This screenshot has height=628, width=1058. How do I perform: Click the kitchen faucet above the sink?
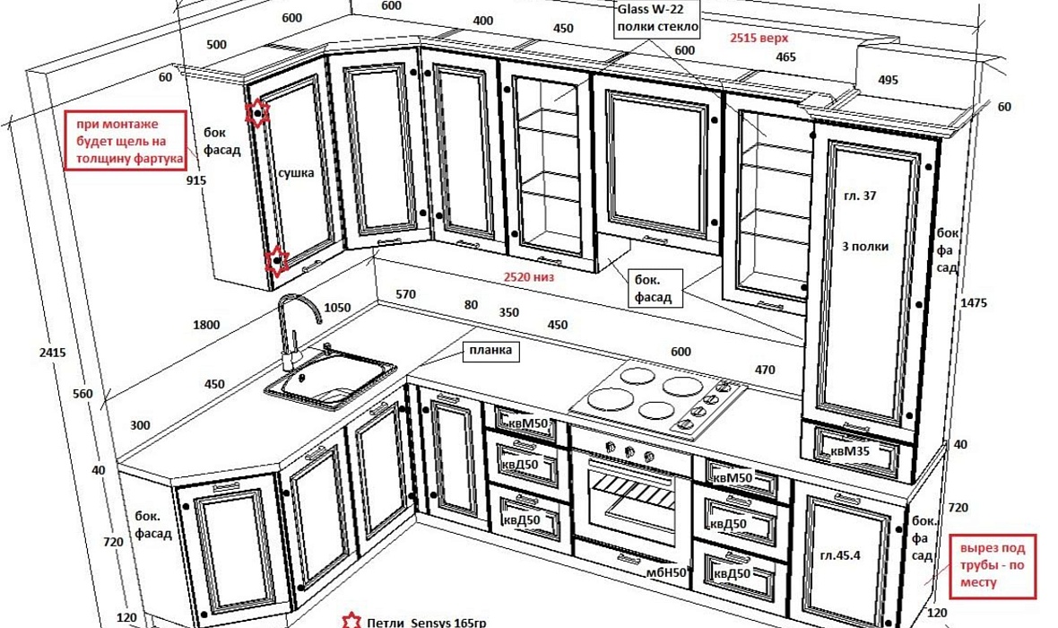click(295, 327)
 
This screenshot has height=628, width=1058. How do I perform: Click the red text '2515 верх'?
click(759, 39)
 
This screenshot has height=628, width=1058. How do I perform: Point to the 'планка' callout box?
click(490, 351)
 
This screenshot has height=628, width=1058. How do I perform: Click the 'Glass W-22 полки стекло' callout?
click(655, 19)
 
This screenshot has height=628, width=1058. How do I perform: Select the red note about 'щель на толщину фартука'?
click(125, 141)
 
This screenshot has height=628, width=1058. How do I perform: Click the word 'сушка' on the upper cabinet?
click(296, 172)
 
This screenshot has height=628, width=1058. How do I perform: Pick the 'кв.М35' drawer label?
click(852, 450)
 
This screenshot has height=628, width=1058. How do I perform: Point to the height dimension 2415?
click(53, 353)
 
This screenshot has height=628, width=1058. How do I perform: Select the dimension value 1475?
click(972, 303)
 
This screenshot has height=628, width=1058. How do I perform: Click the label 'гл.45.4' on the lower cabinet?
click(840, 554)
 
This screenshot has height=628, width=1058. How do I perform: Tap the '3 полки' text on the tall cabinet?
click(865, 245)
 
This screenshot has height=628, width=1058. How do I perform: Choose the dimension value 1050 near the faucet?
click(337, 307)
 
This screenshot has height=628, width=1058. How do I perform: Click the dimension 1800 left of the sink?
click(206, 325)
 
